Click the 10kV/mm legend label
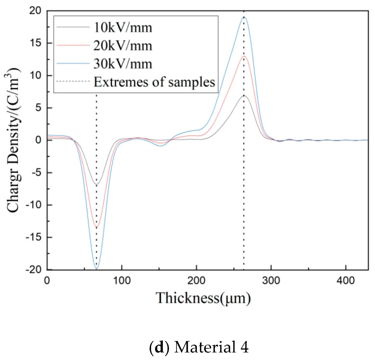tap(123, 28)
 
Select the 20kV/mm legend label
tap(123, 46)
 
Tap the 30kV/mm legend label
tap(123, 64)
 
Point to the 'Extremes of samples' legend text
tap(154, 82)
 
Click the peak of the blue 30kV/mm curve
tap(244, 17)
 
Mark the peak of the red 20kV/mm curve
tap(244, 56)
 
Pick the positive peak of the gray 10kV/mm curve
tap(244, 96)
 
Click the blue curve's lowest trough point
tap(97, 269)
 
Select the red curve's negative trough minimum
tap(97, 228)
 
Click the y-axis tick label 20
tap(35, 11)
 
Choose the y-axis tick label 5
tap(38, 108)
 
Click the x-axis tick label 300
tap(271, 280)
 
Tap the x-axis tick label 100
tap(122, 280)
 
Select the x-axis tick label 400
tap(346, 280)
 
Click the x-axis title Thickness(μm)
tap(203, 298)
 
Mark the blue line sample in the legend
tap(73, 64)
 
